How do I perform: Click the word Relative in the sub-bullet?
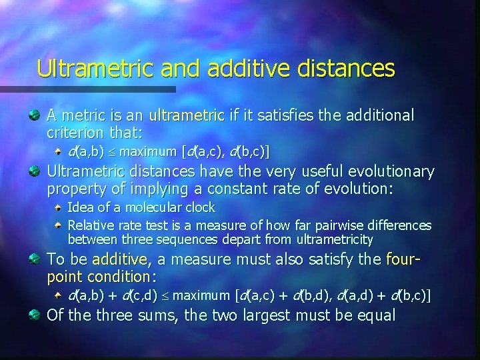89,226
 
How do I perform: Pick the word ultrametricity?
335,239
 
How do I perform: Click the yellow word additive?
120,259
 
